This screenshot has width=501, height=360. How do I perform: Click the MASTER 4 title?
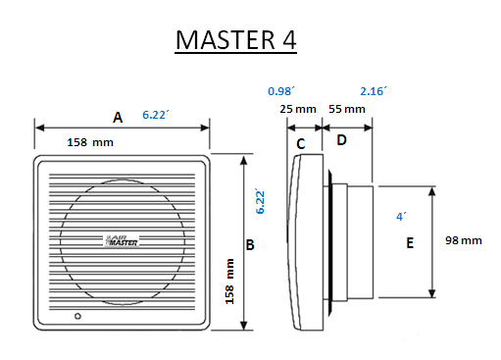(x=235, y=40)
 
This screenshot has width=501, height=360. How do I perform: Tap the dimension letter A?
(x=118, y=118)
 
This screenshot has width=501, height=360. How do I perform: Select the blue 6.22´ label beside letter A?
(x=156, y=115)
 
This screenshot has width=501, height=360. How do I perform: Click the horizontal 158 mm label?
(x=90, y=142)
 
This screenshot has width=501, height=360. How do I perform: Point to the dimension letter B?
(x=250, y=244)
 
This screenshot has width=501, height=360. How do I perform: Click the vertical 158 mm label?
(x=229, y=282)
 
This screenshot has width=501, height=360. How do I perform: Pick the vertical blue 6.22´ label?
(x=260, y=201)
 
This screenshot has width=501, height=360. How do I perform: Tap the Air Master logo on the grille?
(x=122, y=240)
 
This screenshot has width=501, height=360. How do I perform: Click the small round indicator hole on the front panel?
(x=77, y=316)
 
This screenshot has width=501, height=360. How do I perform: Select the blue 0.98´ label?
(x=281, y=91)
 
